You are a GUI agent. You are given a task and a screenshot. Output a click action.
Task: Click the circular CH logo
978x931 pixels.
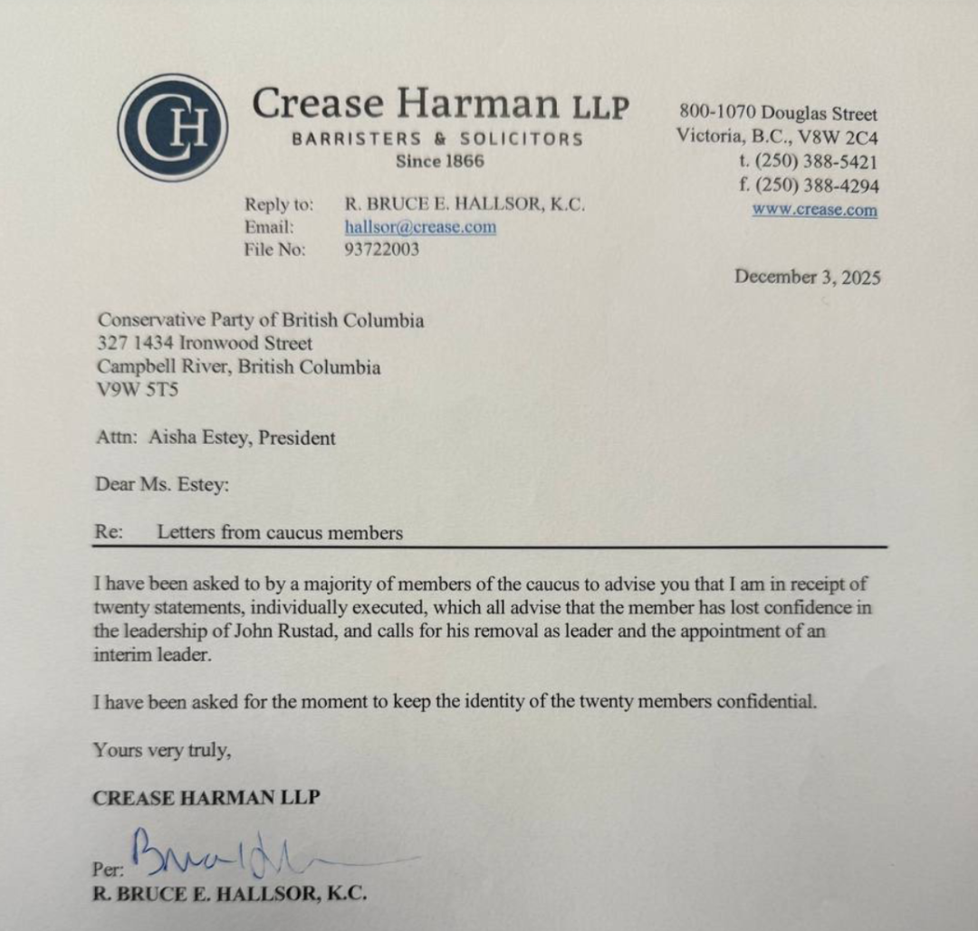(x=172, y=128)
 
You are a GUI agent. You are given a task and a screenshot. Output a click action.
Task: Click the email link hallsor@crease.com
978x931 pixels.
(x=420, y=227)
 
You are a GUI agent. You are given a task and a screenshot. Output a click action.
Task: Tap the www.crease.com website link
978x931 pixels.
(x=814, y=211)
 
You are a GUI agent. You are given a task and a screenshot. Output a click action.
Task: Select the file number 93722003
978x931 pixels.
(x=381, y=250)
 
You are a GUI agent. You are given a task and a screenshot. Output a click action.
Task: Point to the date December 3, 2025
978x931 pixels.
(x=807, y=277)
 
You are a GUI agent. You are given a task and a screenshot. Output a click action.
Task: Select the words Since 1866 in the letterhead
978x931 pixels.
(x=440, y=162)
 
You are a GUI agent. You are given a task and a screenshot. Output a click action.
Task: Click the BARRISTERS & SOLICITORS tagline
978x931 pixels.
(x=437, y=139)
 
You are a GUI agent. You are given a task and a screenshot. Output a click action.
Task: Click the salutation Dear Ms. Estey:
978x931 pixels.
(x=162, y=485)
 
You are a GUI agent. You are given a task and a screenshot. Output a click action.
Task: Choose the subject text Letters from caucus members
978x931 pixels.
(x=280, y=533)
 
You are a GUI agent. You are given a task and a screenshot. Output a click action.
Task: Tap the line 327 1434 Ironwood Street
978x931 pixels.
(x=205, y=344)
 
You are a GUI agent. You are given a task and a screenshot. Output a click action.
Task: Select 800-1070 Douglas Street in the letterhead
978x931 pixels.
(x=778, y=114)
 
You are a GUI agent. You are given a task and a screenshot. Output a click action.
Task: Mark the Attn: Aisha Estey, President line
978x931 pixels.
(x=216, y=439)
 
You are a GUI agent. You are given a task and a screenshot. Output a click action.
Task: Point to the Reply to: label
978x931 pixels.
(x=279, y=204)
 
